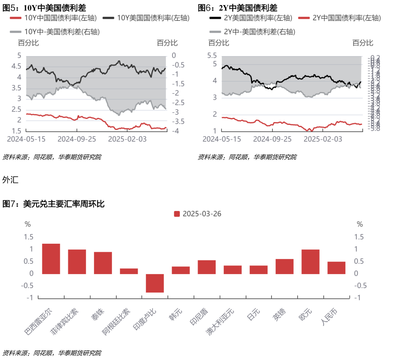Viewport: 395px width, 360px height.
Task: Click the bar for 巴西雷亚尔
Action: pos(51,259)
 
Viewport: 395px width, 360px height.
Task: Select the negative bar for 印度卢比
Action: pos(155,283)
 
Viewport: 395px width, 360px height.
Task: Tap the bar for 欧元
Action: pos(310,262)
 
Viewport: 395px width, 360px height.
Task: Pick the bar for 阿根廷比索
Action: pos(129,271)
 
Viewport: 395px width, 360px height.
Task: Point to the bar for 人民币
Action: pos(336,268)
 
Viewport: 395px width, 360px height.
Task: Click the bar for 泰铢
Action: pos(103,263)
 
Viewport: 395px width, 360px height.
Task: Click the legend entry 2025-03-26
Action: pos(197,214)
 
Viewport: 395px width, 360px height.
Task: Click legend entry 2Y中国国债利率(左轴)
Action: pos(341,18)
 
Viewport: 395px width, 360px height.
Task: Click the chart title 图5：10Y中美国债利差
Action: pos(44,7)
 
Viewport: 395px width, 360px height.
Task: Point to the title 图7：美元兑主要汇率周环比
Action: pos(54,204)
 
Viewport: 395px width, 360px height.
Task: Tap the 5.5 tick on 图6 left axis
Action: pos(212,56)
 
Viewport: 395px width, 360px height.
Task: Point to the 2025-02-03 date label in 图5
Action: pos(127,139)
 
